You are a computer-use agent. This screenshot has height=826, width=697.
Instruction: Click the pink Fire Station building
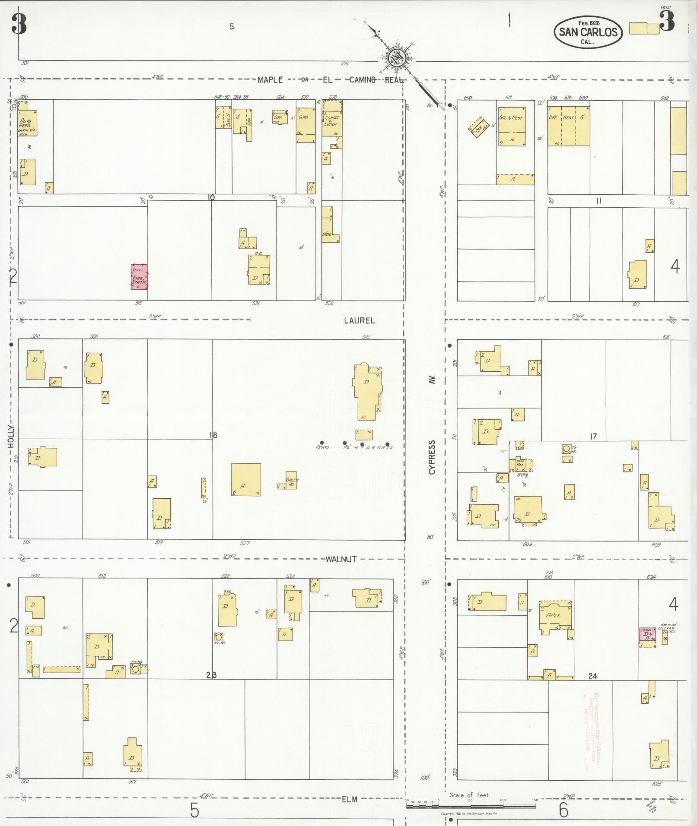pyautogui.click(x=139, y=277)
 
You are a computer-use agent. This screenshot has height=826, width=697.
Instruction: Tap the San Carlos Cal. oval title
pyautogui.click(x=588, y=32)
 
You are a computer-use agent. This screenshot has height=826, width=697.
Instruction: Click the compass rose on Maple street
pyautogui.click(x=397, y=58)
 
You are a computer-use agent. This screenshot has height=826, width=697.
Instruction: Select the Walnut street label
pyautogui.click(x=341, y=559)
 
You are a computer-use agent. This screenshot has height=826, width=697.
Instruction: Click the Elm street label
pyautogui.click(x=350, y=799)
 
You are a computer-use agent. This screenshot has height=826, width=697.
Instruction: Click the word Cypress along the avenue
pyautogui.click(x=432, y=458)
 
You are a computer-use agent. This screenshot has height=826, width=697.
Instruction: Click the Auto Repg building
pyautogui.click(x=27, y=123)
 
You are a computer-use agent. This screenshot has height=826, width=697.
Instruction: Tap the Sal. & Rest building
pyautogui.click(x=512, y=127)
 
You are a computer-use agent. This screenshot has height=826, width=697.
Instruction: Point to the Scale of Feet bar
pyautogui.click(x=471, y=806)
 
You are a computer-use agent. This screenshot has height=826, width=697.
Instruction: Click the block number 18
pyautogui.click(x=213, y=435)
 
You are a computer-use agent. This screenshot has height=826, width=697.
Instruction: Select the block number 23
pyautogui.click(x=211, y=675)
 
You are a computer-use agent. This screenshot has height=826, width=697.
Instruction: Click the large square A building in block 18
pyautogui.click(x=246, y=479)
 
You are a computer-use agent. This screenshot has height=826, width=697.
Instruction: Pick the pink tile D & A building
pyautogui.click(x=647, y=637)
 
